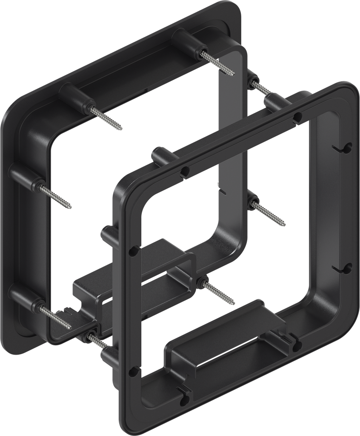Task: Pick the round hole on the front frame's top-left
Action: [x=185, y=172]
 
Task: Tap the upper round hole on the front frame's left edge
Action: [x=133, y=252]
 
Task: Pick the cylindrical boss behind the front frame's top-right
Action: [x=277, y=101]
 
